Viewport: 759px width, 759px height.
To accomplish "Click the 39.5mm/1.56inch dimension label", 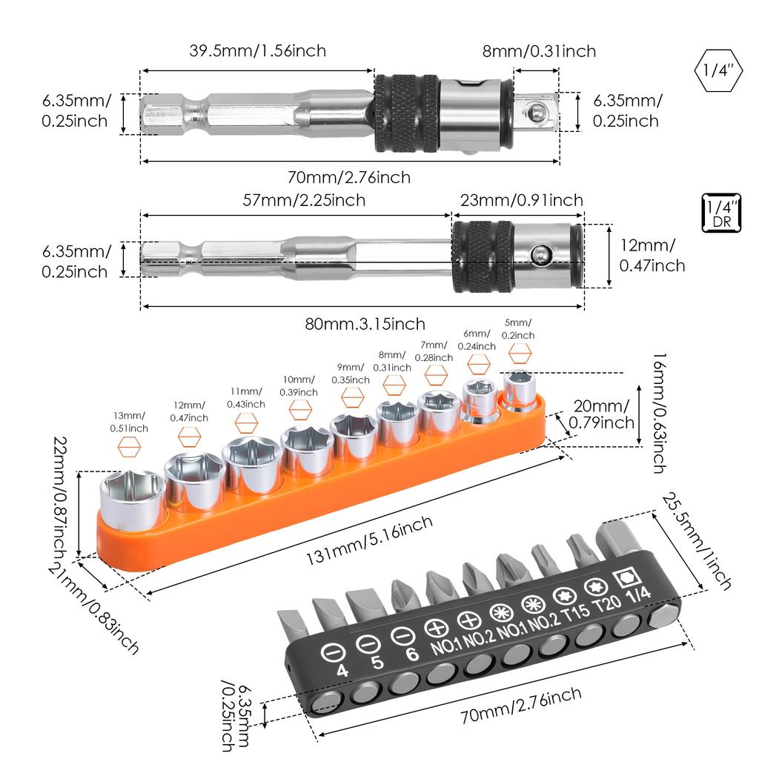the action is pyautogui.click(x=257, y=51).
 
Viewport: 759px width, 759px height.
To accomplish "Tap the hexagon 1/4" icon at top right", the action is pyautogui.click(x=718, y=70).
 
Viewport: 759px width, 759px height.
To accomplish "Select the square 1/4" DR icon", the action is pyautogui.click(x=721, y=213).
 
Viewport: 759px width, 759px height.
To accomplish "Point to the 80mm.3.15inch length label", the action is pyautogui.click(x=365, y=323).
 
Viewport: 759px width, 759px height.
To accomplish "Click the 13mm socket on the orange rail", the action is pyautogui.click(x=133, y=502).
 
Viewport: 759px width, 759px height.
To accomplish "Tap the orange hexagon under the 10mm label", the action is pyautogui.click(x=300, y=411).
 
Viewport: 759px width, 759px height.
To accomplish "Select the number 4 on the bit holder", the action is pyautogui.click(x=342, y=671).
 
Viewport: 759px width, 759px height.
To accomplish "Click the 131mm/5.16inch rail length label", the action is pyautogui.click(x=369, y=540).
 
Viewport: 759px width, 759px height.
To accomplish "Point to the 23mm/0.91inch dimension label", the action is pyautogui.click(x=521, y=200).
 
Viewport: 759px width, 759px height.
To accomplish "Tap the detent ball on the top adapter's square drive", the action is pyautogui.click(x=534, y=113).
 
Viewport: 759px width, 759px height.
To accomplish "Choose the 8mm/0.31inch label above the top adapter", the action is pyautogui.click(x=539, y=51).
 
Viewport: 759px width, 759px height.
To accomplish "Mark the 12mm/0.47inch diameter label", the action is pyautogui.click(x=652, y=255).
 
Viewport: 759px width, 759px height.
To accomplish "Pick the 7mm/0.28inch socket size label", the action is pyautogui.click(x=434, y=351).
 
